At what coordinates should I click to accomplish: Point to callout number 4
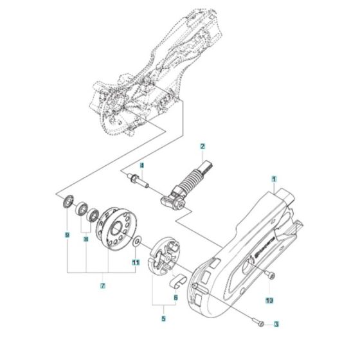142,165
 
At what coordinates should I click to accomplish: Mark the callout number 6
175,298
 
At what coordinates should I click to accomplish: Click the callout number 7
102,285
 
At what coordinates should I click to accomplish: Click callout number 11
136,262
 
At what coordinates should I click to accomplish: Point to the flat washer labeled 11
137,241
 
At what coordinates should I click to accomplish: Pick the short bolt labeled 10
271,277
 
